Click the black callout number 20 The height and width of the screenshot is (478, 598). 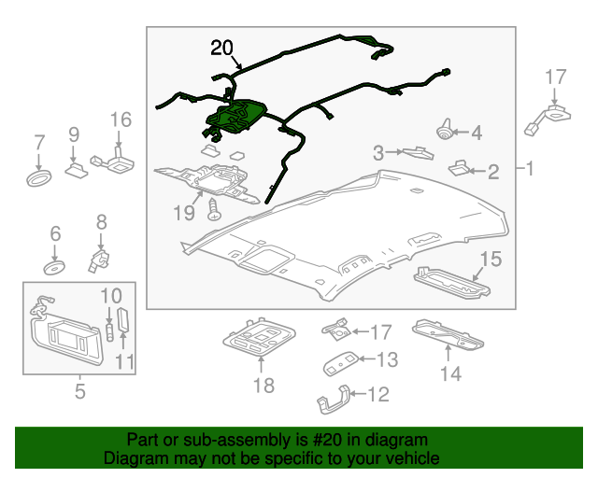[x=224, y=49]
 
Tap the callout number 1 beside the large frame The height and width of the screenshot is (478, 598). [x=529, y=169]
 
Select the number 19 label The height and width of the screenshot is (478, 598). [x=183, y=214]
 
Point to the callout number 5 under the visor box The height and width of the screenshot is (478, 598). [x=78, y=392]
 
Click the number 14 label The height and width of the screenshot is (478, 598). [x=451, y=374]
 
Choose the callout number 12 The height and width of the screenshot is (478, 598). [x=377, y=395]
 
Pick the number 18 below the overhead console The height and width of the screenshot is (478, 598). [x=262, y=386]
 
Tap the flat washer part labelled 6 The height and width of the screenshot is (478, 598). [x=54, y=267]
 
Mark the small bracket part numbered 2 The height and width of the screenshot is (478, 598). [x=460, y=168]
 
